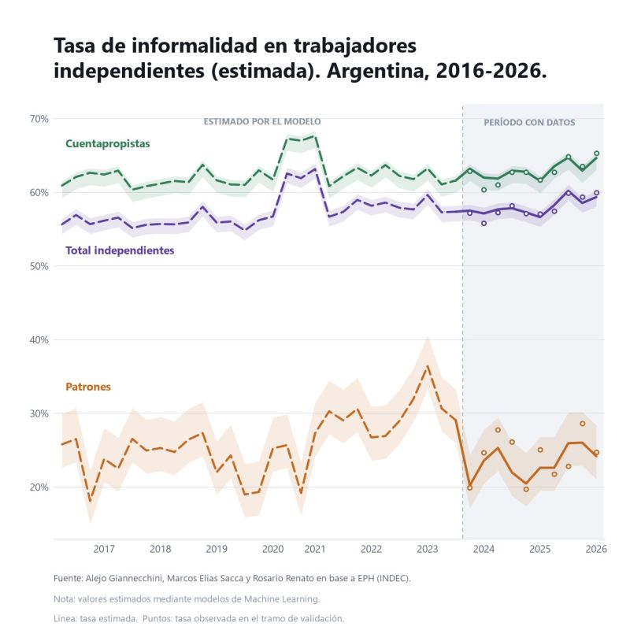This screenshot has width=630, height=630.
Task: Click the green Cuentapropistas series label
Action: pos(108,143)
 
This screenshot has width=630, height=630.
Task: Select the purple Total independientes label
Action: pos(120,250)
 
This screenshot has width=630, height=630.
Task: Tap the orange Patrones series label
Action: pos(88,387)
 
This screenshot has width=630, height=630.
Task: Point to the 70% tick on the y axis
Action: pos(39,119)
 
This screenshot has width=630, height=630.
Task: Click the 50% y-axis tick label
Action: pos(39,266)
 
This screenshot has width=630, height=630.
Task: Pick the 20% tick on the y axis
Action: pos(39,487)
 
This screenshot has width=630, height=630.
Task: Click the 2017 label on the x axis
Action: pos(104,549)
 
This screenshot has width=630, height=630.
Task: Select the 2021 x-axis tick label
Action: pos(315,549)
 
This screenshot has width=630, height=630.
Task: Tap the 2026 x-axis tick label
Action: pos(596,549)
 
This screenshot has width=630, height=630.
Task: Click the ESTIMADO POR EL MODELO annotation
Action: pos(262,121)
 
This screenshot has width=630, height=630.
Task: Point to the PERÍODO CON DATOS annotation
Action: pos(529,122)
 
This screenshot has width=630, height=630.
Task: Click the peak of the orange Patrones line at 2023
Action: pos(428,365)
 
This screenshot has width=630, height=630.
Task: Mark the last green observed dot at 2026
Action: pos(597,153)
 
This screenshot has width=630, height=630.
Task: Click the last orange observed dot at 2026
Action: pos(597,452)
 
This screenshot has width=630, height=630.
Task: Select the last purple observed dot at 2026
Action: pos(597,193)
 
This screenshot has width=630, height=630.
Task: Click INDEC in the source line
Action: pos(395,579)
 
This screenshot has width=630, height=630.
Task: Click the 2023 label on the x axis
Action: pos(428,549)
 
